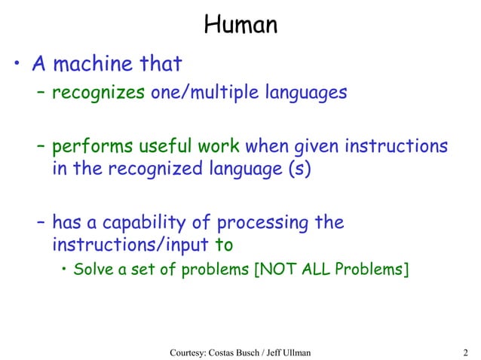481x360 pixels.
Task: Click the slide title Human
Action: (x=240, y=25)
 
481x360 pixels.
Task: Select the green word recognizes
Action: (x=87, y=94)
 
